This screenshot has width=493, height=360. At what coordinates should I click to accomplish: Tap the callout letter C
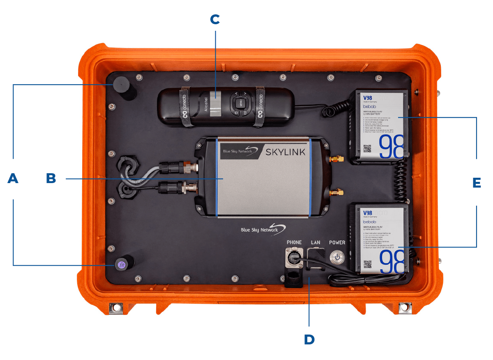(x=215, y=19)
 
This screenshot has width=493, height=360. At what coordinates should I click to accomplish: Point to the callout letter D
(x=309, y=339)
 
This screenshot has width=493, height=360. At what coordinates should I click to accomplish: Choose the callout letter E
(x=477, y=182)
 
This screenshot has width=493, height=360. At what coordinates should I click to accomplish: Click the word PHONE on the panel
(x=294, y=243)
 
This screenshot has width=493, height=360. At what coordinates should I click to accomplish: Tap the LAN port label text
(x=316, y=243)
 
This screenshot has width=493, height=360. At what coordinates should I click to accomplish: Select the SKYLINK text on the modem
(x=286, y=152)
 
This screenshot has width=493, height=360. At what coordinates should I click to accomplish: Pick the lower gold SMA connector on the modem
(x=336, y=191)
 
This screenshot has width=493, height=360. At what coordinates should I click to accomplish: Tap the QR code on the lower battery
(x=367, y=265)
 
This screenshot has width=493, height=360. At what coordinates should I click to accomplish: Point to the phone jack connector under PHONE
(x=294, y=260)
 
